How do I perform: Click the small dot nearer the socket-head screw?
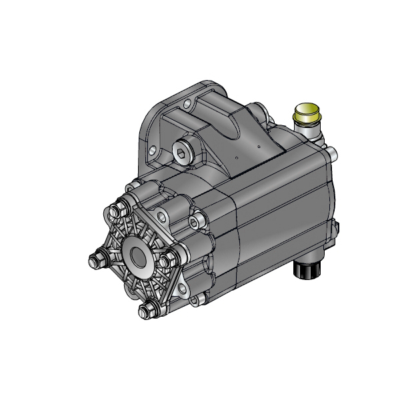point(237,157)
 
